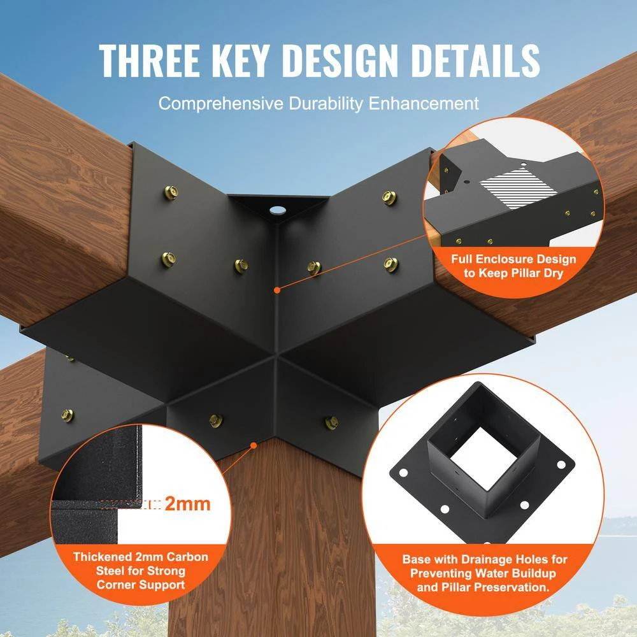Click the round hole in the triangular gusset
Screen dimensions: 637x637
(276, 210)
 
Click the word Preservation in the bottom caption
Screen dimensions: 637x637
(509, 587)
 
